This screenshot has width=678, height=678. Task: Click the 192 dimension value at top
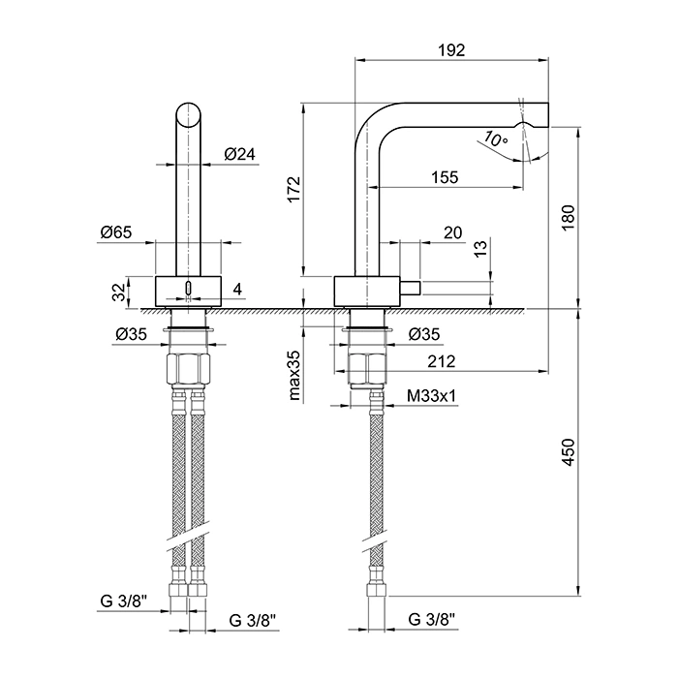451,50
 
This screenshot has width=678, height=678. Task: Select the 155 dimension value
445,177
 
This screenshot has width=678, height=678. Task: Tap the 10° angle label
496,139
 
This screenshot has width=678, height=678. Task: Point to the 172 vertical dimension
293,189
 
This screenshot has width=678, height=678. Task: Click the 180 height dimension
569,218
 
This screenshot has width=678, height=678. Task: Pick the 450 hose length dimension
569,452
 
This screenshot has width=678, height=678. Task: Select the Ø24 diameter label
239,154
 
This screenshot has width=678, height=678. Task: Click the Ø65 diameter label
116,232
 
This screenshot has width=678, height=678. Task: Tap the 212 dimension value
442,361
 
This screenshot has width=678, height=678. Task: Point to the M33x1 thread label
432,395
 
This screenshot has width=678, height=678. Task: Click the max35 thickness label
294,376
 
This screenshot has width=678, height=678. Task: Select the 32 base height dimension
119,292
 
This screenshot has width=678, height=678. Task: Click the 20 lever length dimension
452,232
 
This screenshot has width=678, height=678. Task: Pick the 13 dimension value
480,249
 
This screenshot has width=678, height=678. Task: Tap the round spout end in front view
189,115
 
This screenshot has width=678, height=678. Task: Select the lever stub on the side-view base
409,288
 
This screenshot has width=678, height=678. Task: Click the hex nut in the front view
189,369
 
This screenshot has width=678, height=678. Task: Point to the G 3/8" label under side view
431,620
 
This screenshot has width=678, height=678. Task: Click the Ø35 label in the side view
424,334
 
